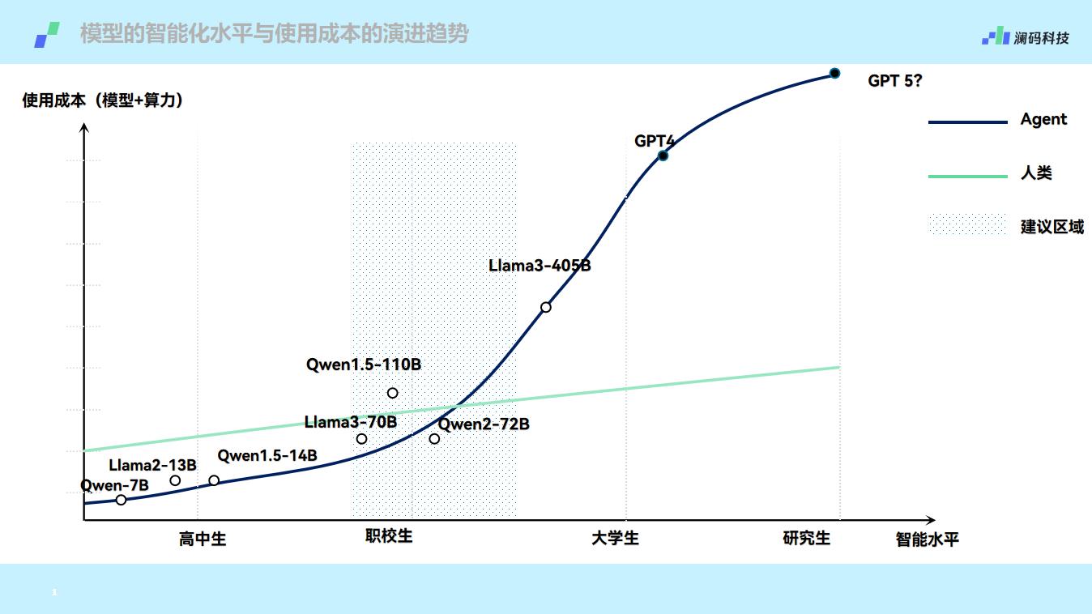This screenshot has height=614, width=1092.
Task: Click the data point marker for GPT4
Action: pos(663,156)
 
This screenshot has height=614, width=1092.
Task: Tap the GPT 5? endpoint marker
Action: pos(834,73)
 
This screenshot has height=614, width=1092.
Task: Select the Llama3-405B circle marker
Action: pos(546,307)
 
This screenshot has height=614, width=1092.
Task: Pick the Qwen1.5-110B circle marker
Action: pos(392,393)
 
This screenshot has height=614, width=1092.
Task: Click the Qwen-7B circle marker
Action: pos(121,500)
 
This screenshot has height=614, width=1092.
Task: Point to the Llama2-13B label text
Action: pos(152,465)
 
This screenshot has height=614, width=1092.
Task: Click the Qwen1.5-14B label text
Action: pos(267,455)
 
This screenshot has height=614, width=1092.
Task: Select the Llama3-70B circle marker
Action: pos(361,439)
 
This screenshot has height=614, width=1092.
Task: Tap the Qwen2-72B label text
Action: pos(484,424)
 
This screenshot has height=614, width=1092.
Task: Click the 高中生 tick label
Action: pos(202,539)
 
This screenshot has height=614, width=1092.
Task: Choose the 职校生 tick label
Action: pos(389,535)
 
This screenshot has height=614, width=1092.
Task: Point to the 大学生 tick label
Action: pos(615,538)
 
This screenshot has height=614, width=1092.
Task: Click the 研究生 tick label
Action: pos(806,538)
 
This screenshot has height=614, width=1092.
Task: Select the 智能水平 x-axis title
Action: pos(927,539)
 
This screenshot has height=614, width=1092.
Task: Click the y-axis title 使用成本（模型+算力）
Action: pos(103,100)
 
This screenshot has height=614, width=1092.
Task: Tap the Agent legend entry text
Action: pos(1043,119)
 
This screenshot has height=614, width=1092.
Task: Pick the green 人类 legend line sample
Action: pos(967,176)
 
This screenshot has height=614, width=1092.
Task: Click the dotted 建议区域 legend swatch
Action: pos(967,225)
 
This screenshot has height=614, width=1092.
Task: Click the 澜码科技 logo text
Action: pos(1041,37)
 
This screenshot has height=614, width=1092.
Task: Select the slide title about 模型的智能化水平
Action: pos(274,34)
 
